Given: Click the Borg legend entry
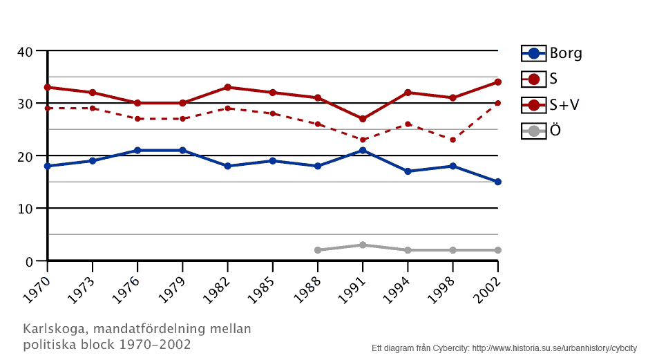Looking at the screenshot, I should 551,53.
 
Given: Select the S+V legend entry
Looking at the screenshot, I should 551,104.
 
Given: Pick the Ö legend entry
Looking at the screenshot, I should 542,130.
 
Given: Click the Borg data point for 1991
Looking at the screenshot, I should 363,151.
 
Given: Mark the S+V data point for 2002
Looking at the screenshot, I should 498,82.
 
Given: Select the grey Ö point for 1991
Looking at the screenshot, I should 363,245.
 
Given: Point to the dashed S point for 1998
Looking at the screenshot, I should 453,140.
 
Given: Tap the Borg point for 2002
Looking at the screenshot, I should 498,182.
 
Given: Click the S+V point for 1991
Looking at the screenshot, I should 363,119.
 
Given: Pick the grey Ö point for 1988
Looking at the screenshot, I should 318,250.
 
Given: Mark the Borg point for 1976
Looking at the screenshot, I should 137,151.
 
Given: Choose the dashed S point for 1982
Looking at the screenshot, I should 227,108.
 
